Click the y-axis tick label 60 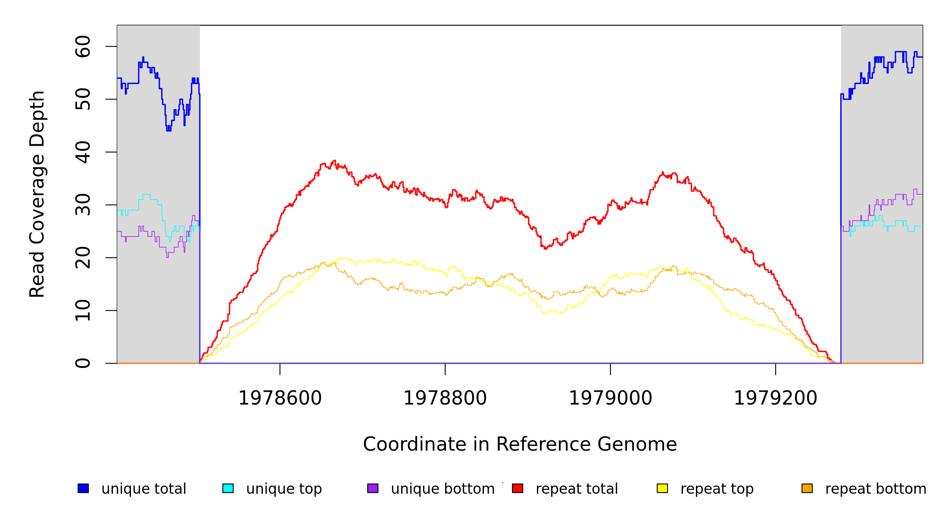pos(83,47)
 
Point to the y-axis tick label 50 pos(83,100)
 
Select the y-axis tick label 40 pos(83,152)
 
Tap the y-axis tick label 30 pos(83,205)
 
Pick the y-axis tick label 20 pos(83,258)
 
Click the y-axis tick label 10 pos(83,311)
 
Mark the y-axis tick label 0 pos(83,363)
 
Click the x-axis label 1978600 pos(280,398)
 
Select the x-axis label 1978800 pos(445,398)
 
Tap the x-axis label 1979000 pos(611,398)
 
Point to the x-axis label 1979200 pos(776,398)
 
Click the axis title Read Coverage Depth pos(37,194)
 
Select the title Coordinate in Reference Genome pos(520,444)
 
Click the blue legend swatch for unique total pos(83,488)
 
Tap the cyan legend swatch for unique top pos(228,488)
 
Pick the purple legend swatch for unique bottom pos(373,488)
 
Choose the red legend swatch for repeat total pos(518,488)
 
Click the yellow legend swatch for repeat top pos(662,488)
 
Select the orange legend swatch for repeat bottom pos(807,488)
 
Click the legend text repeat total pos(577,489)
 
